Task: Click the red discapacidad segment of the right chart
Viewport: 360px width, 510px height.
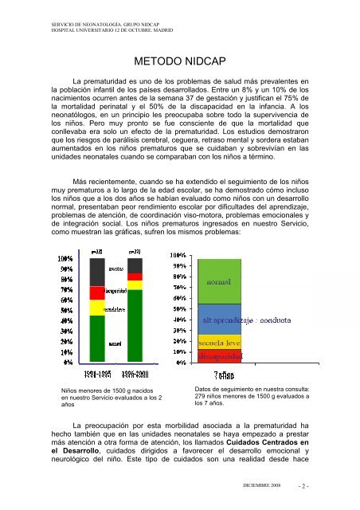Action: click(220, 355)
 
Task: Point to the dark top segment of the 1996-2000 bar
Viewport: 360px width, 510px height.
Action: click(136, 265)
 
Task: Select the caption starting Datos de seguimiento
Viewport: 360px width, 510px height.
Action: click(252, 396)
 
